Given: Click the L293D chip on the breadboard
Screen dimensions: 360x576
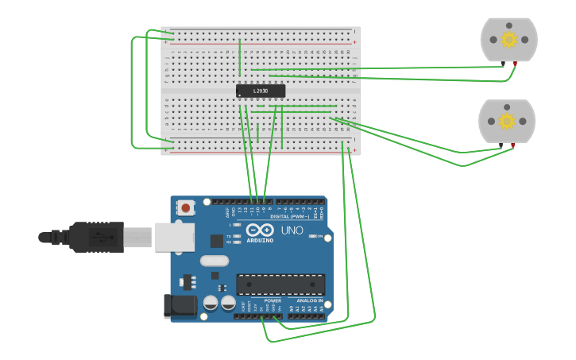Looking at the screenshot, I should (261, 91).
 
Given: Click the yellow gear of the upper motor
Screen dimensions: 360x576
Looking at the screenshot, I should (509, 39).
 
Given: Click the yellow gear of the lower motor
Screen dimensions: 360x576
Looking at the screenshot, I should (507, 120).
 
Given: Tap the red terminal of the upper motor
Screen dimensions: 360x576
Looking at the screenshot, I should (515, 64).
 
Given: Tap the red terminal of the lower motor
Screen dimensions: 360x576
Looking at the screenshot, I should (513, 145).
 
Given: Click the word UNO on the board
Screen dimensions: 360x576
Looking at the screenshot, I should (292, 230).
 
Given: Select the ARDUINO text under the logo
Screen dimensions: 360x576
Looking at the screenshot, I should (260, 240).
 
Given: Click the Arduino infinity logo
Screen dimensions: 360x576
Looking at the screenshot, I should (260, 230).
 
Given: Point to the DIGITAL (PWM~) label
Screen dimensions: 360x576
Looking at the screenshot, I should (290, 216).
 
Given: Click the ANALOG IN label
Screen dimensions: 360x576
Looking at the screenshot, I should (310, 300).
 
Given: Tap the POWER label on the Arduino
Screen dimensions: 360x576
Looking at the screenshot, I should (273, 300).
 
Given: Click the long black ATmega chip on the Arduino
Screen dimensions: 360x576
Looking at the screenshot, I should (280, 285).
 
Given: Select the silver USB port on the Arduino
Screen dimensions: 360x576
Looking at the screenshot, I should (175, 237).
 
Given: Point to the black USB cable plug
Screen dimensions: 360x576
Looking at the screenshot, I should (95, 237).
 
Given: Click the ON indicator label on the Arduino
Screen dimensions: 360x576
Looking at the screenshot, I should (319, 236).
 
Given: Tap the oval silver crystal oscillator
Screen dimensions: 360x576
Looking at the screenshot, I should (215, 261).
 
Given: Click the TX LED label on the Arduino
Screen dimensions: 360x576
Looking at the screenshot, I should (229, 236).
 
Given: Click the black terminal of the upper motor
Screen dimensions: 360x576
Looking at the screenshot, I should (502, 64).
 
